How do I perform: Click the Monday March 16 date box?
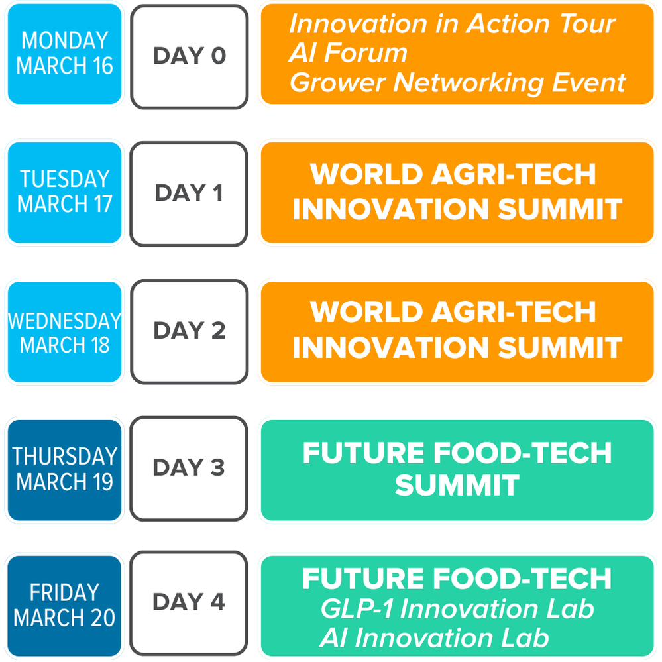tap(64, 54)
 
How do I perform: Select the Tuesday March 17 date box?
tap(64, 193)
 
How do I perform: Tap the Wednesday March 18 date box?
tap(64, 332)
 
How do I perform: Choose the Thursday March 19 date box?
tap(64, 470)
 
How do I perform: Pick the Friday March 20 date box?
tap(64, 606)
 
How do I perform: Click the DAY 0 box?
tap(189, 56)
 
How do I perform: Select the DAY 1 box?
tap(189, 193)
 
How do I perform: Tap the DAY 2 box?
tap(189, 331)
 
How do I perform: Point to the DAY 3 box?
tap(189, 469)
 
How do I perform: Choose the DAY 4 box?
tap(189, 603)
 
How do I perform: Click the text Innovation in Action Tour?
tap(452, 24)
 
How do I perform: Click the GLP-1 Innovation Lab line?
tap(457, 609)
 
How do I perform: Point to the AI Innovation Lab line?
tap(435, 637)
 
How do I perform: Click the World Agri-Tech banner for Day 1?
tap(457, 193)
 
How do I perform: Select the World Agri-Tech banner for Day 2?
tap(457, 332)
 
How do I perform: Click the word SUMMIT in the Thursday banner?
tap(457, 485)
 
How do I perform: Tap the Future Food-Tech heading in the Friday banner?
tap(457, 579)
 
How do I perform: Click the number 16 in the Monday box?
tap(103, 66)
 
